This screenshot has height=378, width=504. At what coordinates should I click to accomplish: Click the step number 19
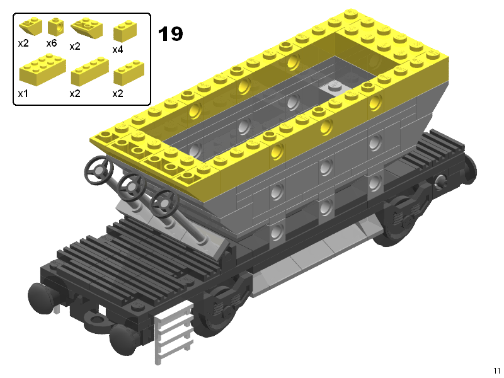[170, 34]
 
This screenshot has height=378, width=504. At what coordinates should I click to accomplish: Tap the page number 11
[496, 370]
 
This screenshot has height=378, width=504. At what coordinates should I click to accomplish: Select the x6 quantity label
[52, 43]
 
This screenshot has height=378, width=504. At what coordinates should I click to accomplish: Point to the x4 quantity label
[118, 50]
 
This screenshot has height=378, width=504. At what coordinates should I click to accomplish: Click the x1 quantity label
[23, 93]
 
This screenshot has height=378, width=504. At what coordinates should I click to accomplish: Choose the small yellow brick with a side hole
[55, 26]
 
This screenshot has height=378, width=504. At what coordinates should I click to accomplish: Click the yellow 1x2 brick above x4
[125, 31]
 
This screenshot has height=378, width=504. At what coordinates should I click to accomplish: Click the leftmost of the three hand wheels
[99, 170]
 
